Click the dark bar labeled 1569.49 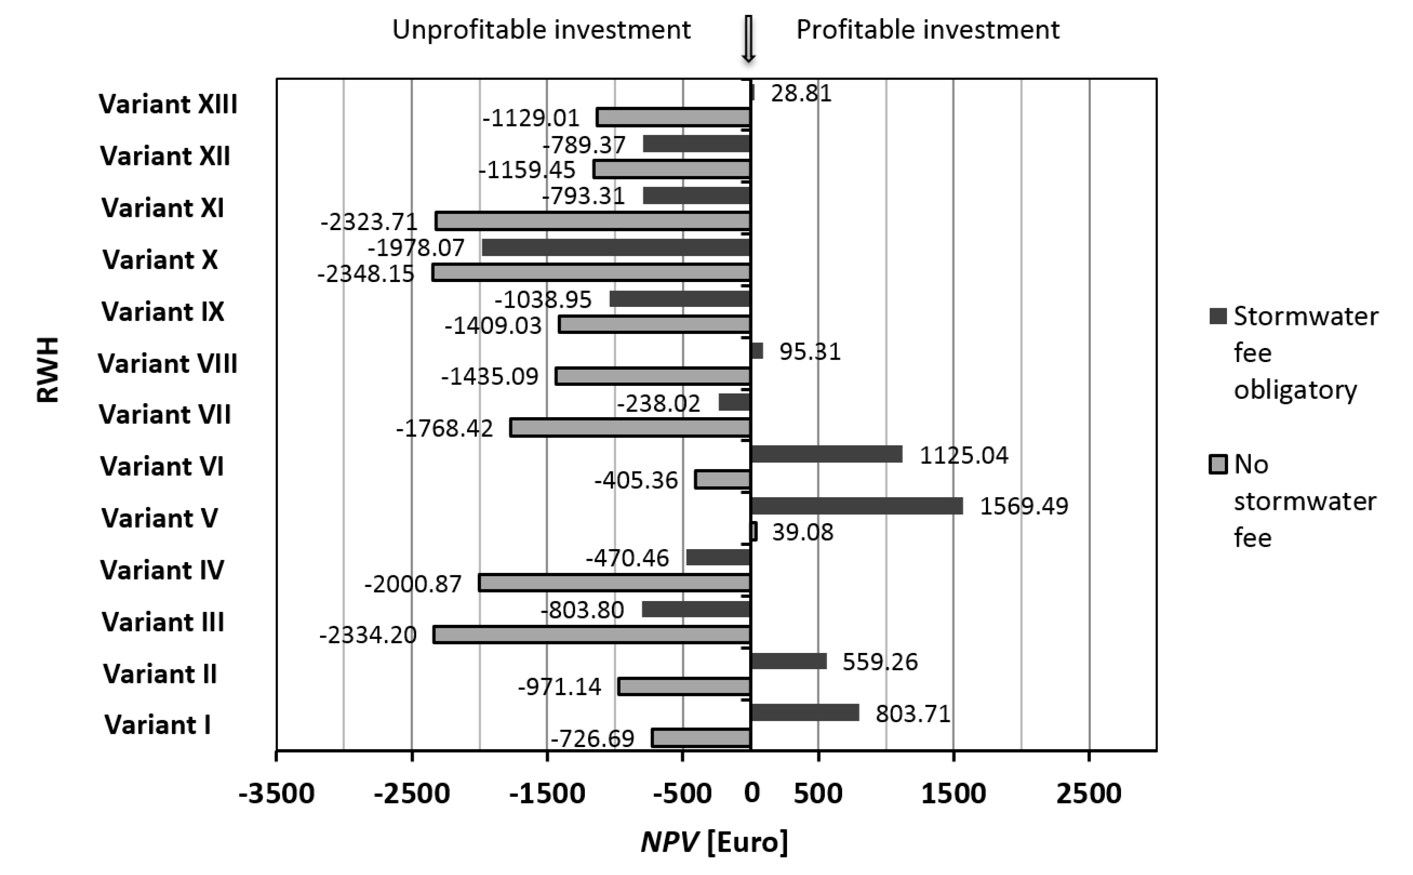[x=856, y=506]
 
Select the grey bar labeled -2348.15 [x=591, y=273]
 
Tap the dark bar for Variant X [x=616, y=248]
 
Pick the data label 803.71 [x=913, y=714]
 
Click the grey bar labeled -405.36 [x=723, y=480]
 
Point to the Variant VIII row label [x=167, y=363]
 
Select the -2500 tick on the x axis [x=411, y=793]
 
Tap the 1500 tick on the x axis [x=953, y=793]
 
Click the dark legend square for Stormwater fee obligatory [x=1218, y=317]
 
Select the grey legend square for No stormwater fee [x=1218, y=465]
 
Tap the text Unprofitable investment [x=541, y=29]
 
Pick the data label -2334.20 [x=368, y=635]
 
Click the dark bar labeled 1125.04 [x=826, y=454]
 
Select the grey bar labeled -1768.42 [x=630, y=428]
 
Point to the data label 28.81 [x=801, y=94]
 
